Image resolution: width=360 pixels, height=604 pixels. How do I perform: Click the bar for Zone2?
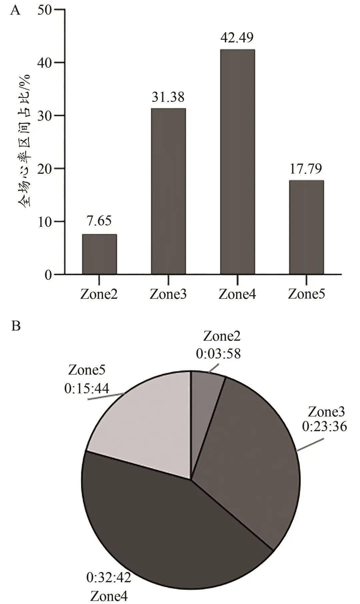(x=99, y=254)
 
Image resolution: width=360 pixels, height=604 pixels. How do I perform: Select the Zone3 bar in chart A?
(x=168, y=191)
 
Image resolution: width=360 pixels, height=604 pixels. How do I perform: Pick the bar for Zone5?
(x=306, y=227)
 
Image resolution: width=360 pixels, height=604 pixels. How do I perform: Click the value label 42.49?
(x=237, y=37)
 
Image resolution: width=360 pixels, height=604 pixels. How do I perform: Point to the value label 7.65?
(x=99, y=221)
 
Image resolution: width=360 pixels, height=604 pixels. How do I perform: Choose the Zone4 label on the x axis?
(x=237, y=294)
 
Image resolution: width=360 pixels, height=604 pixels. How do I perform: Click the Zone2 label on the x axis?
(x=99, y=294)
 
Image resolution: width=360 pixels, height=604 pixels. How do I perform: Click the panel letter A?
(x=15, y=11)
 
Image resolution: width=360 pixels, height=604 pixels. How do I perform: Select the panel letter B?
(x=16, y=326)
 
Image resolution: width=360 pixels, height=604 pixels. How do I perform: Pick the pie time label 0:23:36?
(x=324, y=426)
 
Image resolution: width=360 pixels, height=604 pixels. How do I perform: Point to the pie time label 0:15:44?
(x=87, y=388)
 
